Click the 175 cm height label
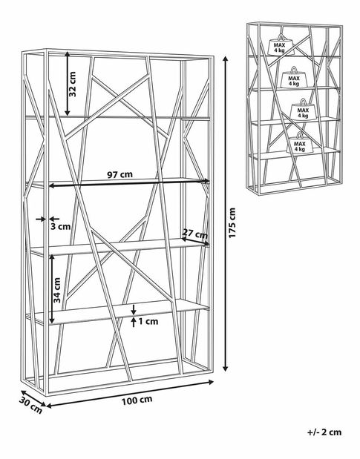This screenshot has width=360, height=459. pos(232,222)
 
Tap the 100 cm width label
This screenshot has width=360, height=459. pos(137,400)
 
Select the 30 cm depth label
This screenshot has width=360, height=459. pos(30,405)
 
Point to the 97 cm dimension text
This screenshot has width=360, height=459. pos(120,175)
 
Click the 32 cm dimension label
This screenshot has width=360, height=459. pos(72,84)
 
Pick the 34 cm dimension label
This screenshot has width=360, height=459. pos(57,290)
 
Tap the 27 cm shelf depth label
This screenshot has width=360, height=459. pos(195,234)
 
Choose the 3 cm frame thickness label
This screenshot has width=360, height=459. pos(60,226)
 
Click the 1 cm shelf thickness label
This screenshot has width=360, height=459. pos(148,321)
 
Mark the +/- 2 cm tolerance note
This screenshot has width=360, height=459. pos(324,432)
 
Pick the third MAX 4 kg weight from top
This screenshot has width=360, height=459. pos(302,110)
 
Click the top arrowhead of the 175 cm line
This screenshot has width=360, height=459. pos(225,59)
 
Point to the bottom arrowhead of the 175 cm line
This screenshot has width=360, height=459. pos(225,369)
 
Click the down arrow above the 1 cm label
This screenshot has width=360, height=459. pos(134,309)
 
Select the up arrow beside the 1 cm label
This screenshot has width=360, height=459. pos(134,322)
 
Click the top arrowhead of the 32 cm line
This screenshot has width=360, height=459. pos(68,55)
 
